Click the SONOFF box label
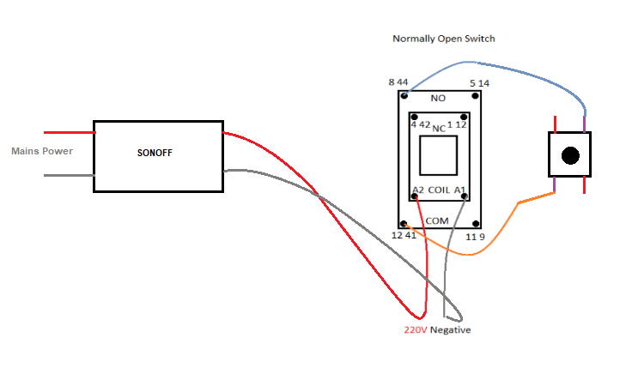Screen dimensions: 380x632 (x=159, y=154)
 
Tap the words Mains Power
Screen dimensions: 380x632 (x=42, y=151)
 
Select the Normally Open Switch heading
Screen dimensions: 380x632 (x=443, y=39)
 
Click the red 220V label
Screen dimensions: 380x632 (x=416, y=330)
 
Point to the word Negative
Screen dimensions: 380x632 (x=450, y=330)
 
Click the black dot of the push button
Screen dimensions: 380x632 (x=569, y=155)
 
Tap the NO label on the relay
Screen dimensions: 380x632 (x=438, y=99)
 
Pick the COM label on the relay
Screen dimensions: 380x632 (x=437, y=220)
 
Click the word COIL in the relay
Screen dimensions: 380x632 (x=439, y=190)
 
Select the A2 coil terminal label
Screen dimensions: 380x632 (x=418, y=190)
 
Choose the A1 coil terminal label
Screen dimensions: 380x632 (x=460, y=190)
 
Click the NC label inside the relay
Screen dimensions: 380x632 (x=439, y=129)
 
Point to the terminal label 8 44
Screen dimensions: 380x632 (x=398, y=82)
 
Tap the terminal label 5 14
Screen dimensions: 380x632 (x=479, y=83)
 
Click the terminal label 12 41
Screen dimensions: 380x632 (x=403, y=235)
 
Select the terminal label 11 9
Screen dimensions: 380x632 (x=475, y=235)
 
